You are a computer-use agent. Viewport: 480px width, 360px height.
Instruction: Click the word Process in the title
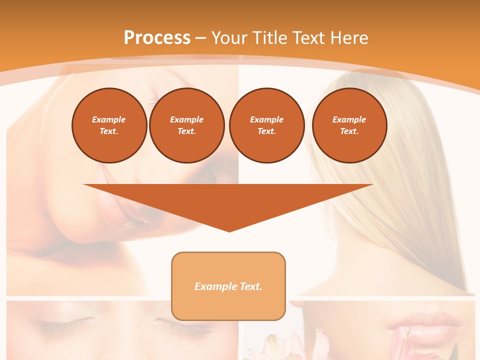157,37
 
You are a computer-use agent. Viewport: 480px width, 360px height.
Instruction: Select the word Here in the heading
350,37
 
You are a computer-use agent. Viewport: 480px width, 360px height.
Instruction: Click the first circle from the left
109,125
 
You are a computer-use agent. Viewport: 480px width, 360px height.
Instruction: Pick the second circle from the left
187,125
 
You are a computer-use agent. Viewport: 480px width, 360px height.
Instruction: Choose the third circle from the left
266,125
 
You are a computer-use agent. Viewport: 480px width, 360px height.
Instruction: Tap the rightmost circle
349,125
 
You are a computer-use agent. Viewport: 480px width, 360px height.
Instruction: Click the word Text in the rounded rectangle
250,286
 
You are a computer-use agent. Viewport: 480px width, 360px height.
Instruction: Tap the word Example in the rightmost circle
349,119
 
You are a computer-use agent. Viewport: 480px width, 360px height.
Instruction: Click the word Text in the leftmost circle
108,131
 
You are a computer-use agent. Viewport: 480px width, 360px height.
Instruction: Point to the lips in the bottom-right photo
430,325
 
